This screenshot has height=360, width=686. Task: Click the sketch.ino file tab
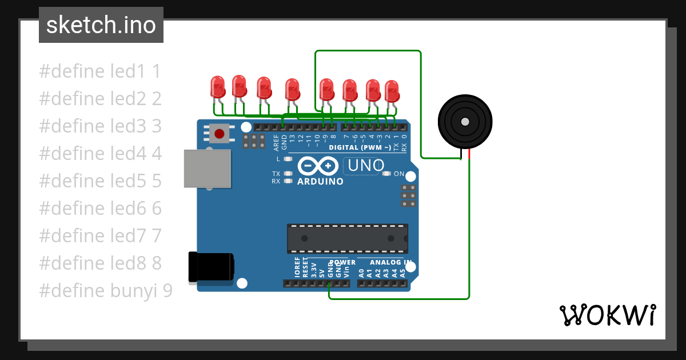pyautogui.click(x=101, y=25)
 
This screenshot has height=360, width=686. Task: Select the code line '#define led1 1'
pyautogui.click(x=100, y=71)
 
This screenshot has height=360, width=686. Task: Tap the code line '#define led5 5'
pyautogui.click(x=100, y=181)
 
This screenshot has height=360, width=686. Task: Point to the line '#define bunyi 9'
pyautogui.click(x=105, y=291)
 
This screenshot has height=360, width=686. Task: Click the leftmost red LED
pyautogui.click(x=218, y=87)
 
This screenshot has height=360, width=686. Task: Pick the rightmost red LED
pyautogui.click(x=392, y=91)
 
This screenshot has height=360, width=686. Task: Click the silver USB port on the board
pyautogui.click(x=208, y=169)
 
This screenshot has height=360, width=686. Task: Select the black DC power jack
pyautogui.click(x=210, y=267)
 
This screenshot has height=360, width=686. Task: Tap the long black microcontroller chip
pyautogui.click(x=347, y=238)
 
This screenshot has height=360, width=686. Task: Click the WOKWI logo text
pyautogui.click(x=608, y=315)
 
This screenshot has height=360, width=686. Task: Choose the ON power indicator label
pyautogui.click(x=399, y=174)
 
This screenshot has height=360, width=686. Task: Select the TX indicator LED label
pyautogui.click(x=276, y=174)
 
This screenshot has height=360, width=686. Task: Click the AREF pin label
pyautogui.click(x=276, y=138)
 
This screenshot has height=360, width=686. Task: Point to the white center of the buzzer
pyautogui.click(x=465, y=121)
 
